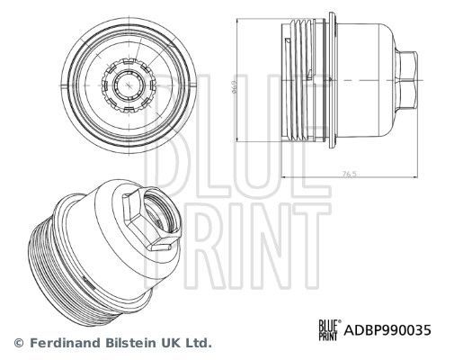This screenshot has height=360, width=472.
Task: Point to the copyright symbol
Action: pyautogui.click(x=17, y=343)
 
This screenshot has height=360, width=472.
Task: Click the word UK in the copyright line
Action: pyautogui.click(x=168, y=343)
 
